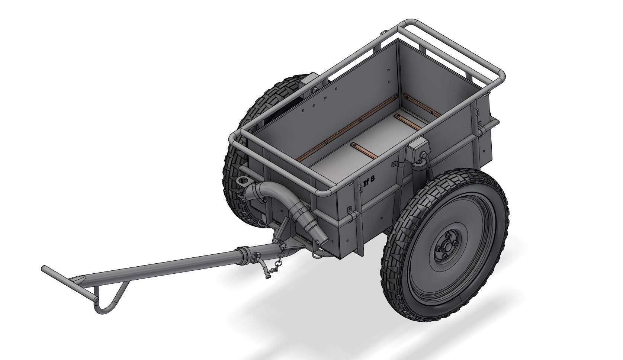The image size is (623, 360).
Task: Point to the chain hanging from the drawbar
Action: pos(280,257)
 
